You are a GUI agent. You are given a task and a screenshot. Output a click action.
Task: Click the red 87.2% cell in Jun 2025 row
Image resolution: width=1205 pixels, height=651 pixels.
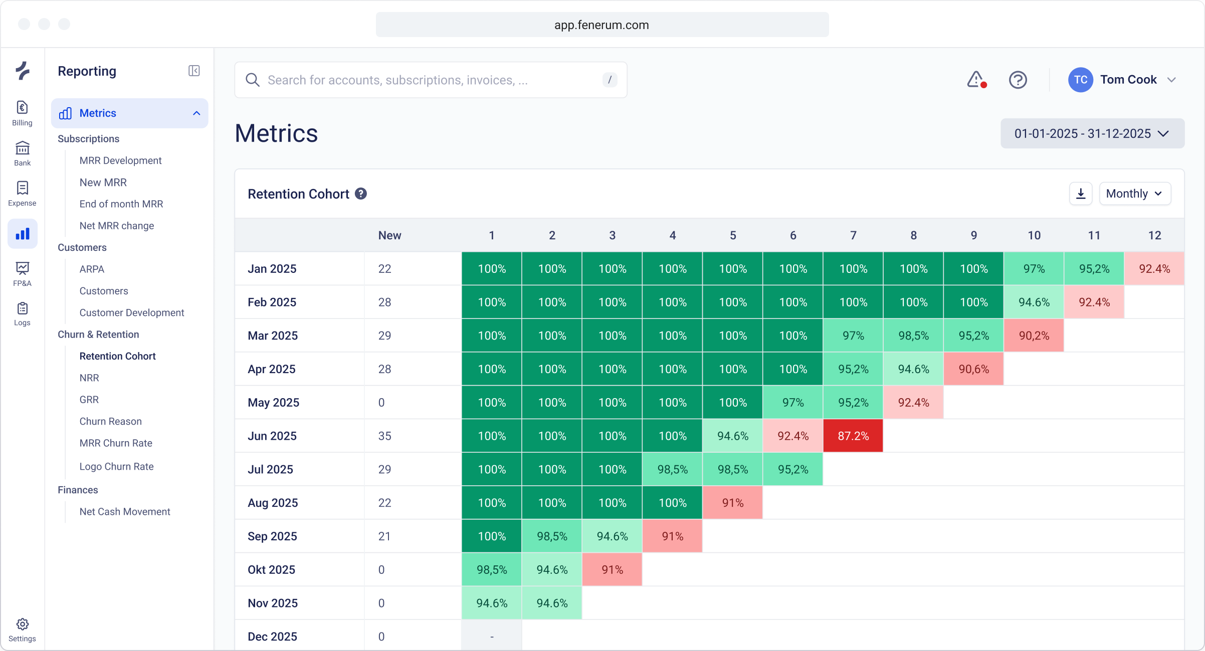click(x=853, y=436)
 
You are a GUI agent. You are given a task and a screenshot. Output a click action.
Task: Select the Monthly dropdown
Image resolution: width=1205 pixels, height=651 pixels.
click(x=1134, y=194)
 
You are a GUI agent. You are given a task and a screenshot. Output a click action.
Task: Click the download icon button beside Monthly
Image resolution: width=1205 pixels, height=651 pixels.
click(x=1081, y=194)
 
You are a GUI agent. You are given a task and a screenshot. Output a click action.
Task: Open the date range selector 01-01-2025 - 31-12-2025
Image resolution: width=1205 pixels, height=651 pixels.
click(x=1092, y=134)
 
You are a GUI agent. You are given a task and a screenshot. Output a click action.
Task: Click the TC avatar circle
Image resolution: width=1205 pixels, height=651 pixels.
click(x=1080, y=80)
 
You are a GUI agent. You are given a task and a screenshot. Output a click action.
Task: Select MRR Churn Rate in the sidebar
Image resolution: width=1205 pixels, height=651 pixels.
click(x=116, y=443)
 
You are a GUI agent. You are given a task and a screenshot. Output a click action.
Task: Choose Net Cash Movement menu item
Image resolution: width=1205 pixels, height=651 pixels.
click(x=125, y=512)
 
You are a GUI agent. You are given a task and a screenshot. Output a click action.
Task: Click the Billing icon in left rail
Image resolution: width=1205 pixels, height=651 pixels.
click(x=22, y=113)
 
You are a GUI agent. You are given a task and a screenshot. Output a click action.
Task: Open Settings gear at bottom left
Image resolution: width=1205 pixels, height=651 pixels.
click(x=22, y=629)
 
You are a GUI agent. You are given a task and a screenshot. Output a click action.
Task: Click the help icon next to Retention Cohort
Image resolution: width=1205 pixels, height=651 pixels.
click(x=361, y=194)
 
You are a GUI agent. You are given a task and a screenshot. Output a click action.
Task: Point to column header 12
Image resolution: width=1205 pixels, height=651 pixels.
click(x=1154, y=235)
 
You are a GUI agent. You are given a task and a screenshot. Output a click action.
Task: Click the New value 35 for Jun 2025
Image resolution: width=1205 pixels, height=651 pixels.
click(x=384, y=436)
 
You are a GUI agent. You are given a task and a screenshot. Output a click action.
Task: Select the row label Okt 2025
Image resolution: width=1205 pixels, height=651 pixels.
click(x=271, y=570)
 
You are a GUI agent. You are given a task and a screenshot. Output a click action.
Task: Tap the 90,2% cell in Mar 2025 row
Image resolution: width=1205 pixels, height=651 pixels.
click(x=1034, y=336)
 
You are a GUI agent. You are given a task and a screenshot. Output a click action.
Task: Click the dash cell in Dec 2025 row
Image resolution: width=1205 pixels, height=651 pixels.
click(x=492, y=636)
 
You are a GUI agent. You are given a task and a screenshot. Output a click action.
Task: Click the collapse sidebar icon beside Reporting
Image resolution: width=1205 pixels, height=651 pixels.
click(x=194, y=71)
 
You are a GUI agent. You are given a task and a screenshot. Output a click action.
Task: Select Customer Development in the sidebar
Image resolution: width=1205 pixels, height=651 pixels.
click(x=132, y=312)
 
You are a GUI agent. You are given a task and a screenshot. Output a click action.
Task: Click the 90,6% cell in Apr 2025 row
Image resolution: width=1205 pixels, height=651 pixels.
click(x=973, y=369)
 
